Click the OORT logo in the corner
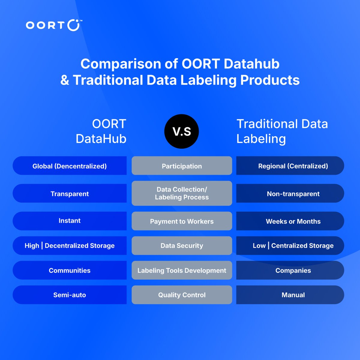pos(53,25)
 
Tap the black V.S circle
pos(181,131)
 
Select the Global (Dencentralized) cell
pos(70,166)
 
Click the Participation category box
pos(182,166)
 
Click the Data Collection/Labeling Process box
pos(182,193)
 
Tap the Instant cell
pos(70,221)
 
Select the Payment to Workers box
pos(182,221)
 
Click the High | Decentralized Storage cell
pos(70,246)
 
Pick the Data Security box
pos(182,246)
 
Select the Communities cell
pos(70,270)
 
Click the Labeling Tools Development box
pos(182,270)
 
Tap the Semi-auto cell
pos(70,295)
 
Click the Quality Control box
pos(182,295)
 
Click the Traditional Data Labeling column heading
pos(282,131)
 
